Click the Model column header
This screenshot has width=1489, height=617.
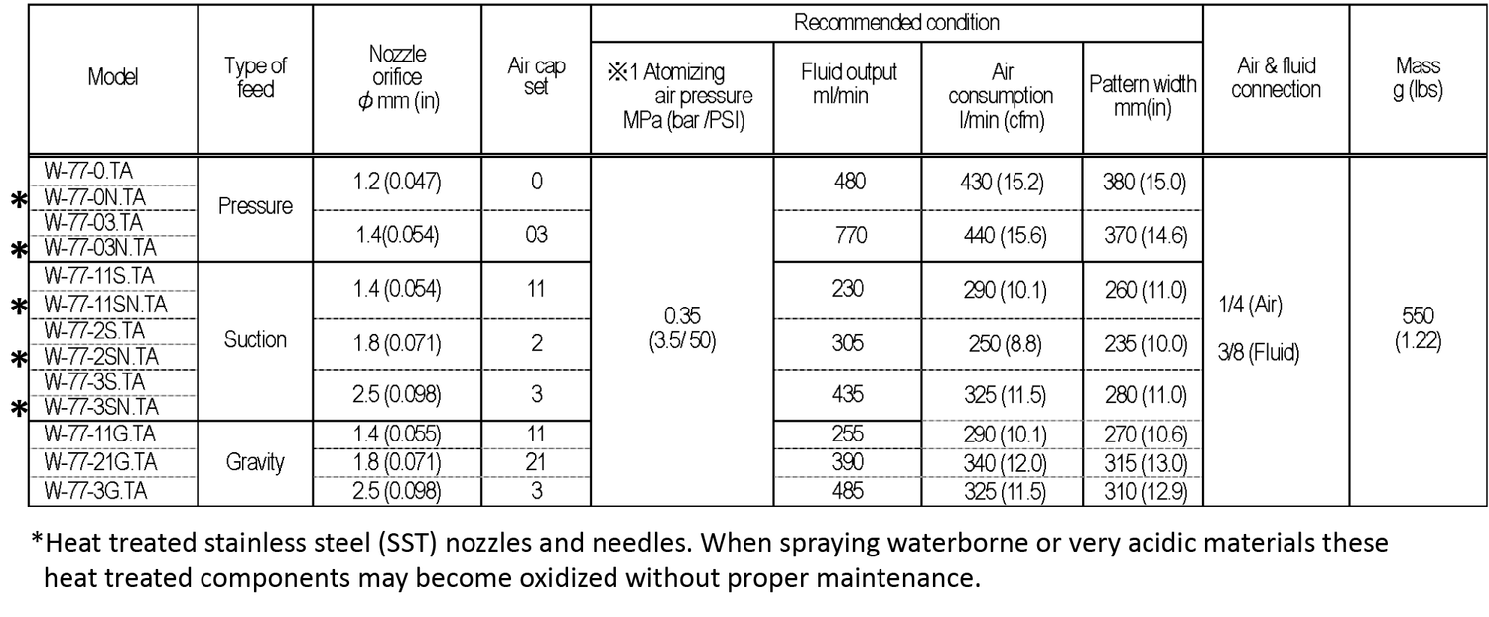coord(113,78)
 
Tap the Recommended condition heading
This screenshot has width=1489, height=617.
coord(895,22)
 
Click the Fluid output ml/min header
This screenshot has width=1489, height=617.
coord(849,84)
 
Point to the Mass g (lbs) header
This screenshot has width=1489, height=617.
coord(1418,78)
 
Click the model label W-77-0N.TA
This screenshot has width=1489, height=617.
coord(95,196)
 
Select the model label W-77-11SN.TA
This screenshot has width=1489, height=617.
coord(105,305)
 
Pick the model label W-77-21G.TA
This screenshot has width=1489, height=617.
coord(100,461)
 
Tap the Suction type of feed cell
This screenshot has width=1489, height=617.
coord(255,340)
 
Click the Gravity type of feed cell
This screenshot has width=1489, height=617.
coord(255,461)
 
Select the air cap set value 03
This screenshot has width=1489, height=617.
coord(536,236)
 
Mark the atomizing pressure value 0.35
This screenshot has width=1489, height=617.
coord(682,316)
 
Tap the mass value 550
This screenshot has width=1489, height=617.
coord(1418,315)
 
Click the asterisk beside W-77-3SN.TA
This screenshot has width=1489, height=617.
coord(18,407)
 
